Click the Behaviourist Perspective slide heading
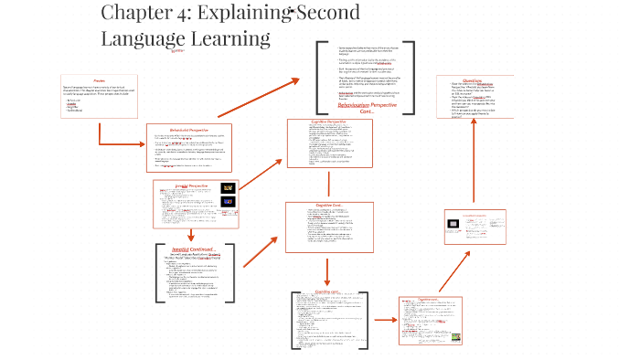tap(190, 130)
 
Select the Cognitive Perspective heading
tap(328, 122)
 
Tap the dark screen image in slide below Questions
tap(455, 223)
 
